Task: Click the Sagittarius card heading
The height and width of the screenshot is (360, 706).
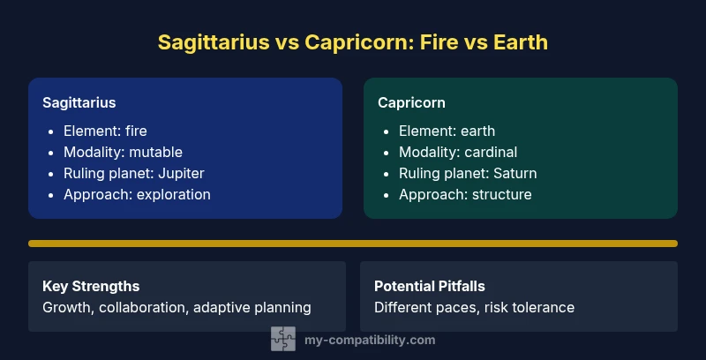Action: pyautogui.click(x=79, y=102)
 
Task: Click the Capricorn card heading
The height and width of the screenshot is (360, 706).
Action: pyautogui.click(x=411, y=102)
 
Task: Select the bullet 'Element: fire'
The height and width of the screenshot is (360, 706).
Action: pyautogui.click(x=105, y=131)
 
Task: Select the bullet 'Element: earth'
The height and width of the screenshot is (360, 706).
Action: pyautogui.click(x=447, y=131)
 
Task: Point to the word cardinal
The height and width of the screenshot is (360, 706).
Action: pyautogui.click(x=491, y=152)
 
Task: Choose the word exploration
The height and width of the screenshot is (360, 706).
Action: pyautogui.click(x=172, y=194)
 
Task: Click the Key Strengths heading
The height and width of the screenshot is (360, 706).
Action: pyautogui.click(x=91, y=287)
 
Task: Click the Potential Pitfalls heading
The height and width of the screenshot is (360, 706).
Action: pyautogui.click(x=430, y=287)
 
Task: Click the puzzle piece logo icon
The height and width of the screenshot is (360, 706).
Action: pyautogui.click(x=282, y=339)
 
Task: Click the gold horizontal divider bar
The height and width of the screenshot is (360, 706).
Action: pyautogui.click(x=353, y=243)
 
